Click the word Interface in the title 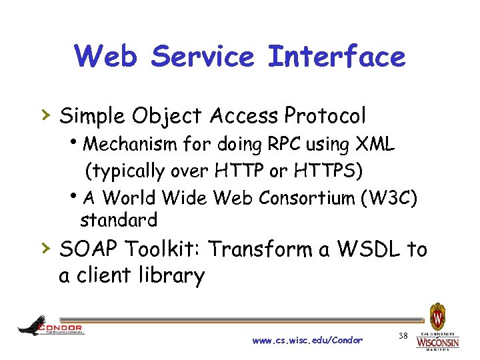pos(336,56)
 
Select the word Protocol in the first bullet pos(325,116)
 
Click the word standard pos(118,219)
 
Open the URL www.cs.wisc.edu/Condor pos(307,340)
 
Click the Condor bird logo pos(32,326)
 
